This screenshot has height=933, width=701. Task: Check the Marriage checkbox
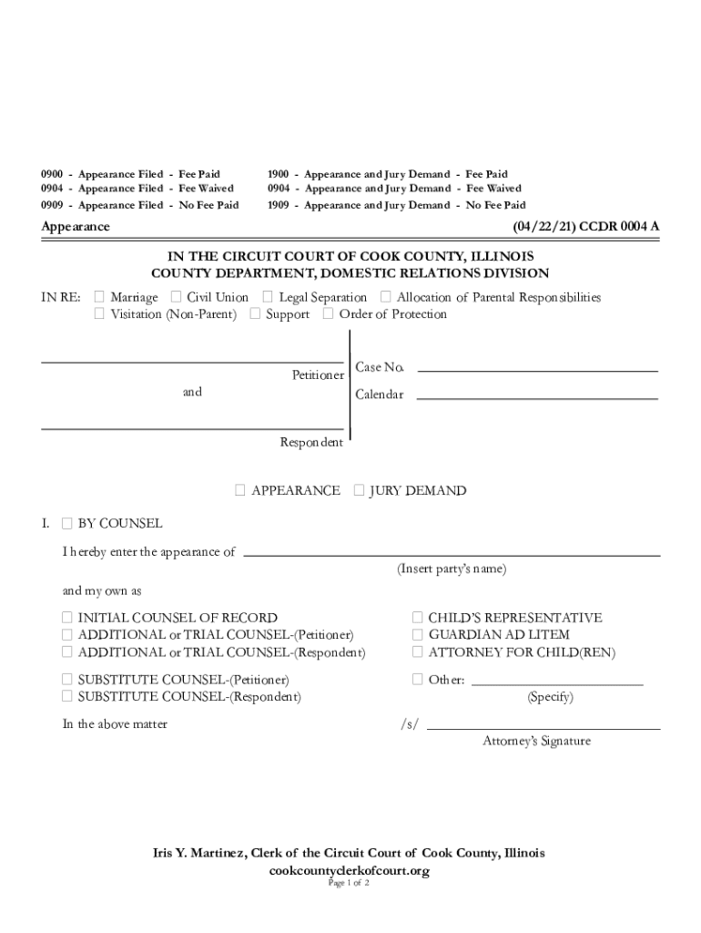(99, 298)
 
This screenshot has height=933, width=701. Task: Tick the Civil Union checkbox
(176, 298)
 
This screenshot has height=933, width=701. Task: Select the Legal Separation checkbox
(268, 298)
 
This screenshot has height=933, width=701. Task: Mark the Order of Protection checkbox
(328, 315)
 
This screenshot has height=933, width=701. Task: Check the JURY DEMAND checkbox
(359, 491)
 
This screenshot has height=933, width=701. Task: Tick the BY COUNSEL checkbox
(66, 524)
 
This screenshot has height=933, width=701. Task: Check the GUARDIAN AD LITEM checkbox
(417, 635)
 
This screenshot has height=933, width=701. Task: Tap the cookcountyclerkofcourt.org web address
(349, 871)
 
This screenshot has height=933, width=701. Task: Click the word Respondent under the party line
(311, 443)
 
